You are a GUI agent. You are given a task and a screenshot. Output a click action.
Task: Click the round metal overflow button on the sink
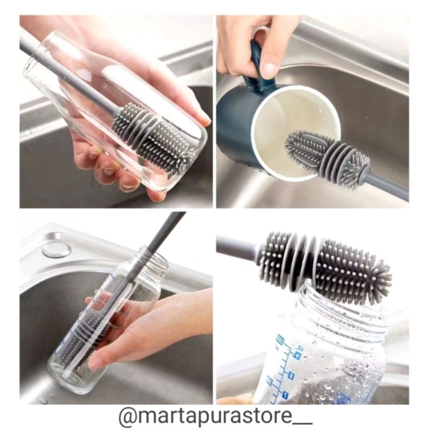pos(57,249)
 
